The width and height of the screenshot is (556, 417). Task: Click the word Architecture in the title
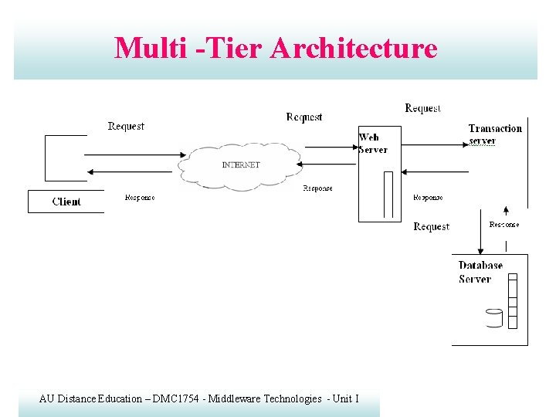(x=354, y=48)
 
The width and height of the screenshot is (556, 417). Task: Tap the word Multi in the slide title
(x=151, y=48)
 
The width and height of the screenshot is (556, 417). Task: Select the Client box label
(x=66, y=202)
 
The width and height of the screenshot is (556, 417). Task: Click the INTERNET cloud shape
(x=240, y=164)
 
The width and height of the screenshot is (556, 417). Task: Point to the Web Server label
(x=372, y=144)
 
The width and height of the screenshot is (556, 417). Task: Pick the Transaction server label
(x=495, y=134)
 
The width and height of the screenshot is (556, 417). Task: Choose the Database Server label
(x=480, y=272)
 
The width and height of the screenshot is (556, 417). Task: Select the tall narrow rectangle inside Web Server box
(x=388, y=194)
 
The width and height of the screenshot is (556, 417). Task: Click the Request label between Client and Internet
(x=126, y=126)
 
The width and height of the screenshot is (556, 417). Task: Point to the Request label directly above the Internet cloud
(x=304, y=117)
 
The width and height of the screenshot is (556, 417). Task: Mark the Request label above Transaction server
(x=422, y=109)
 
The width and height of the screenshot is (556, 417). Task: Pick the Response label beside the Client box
(x=140, y=198)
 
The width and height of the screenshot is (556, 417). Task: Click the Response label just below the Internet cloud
(x=317, y=188)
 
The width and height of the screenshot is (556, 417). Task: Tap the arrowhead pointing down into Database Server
(x=481, y=250)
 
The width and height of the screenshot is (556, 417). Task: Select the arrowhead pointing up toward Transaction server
(x=506, y=210)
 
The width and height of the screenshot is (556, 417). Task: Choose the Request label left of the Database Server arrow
(x=431, y=226)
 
